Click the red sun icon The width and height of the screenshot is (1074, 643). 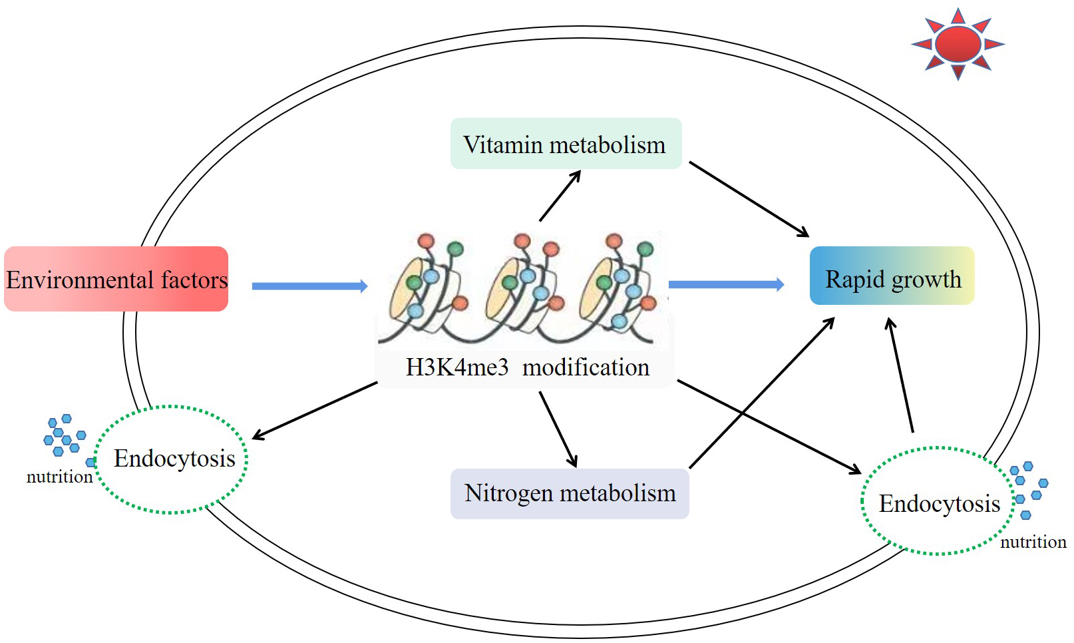[x=958, y=44]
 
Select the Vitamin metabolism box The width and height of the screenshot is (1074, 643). [x=566, y=143]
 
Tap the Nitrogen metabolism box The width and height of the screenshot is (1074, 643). [x=570, y=493]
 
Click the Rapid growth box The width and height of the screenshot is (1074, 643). [x=892, y=276]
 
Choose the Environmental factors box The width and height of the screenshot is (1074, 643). [x=116, y=279]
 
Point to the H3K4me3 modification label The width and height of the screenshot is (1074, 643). [x=528, y=368]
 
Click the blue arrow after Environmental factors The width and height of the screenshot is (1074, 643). [x=309, y=286]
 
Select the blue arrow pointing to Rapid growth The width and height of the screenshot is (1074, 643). [x=727, y=285]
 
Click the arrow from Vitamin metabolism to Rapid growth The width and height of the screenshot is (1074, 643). [x=749, y=200]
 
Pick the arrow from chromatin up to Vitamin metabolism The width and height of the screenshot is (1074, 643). [x=560, y=196]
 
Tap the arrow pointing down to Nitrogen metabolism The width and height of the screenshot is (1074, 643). [x=558, y=429]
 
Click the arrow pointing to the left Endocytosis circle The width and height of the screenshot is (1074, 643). [x=315, y=411]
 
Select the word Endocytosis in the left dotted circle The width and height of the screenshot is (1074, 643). [x=174, y=459]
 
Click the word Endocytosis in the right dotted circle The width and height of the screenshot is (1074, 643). [x=940, y=504]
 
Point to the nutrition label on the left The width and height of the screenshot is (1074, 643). [x=59, y=477]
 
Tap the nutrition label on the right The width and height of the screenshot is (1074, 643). [x=1033, y=542]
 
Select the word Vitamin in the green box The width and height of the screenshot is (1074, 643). [x=503, y=144]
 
